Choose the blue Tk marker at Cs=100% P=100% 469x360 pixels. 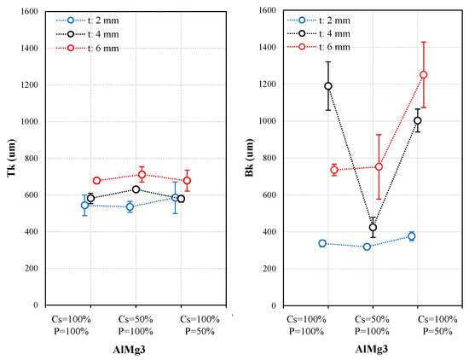(x=84, y=205)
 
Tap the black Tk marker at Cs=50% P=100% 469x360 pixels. (x=136, y=189)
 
